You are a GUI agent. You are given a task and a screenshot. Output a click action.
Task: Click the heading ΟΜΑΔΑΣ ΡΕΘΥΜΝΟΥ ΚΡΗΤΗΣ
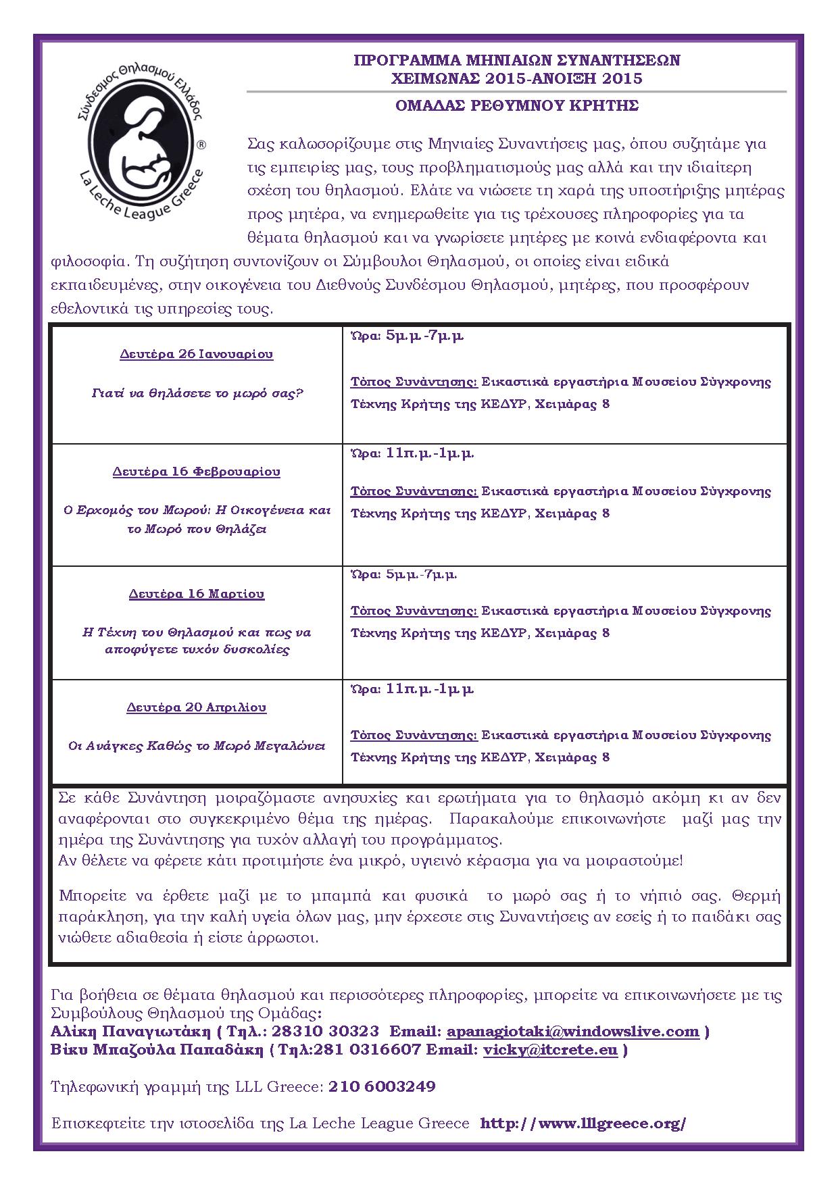pos(517,105)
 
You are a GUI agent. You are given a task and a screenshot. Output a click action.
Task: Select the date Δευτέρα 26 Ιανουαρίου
pos(197,354)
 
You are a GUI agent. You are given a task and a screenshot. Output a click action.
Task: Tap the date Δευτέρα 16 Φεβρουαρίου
pos(197,472)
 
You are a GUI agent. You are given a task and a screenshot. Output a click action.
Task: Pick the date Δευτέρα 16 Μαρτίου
pos(197,594)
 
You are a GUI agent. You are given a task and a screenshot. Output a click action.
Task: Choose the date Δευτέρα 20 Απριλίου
pos(197,707)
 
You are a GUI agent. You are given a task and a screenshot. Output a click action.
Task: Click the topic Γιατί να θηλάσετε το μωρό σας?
pos(197,393)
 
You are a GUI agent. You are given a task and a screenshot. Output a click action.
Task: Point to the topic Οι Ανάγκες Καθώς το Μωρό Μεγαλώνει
pos(197,747)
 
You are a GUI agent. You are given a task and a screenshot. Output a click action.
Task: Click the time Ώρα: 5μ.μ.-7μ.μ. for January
pos(407,336)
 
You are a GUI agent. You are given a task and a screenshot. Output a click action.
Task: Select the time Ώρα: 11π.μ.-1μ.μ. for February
pos(412,453)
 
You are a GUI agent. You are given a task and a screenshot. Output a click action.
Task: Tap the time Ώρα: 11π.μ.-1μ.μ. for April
pos(412,689)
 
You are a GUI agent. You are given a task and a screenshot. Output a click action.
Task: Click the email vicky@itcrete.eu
pos(550,1050)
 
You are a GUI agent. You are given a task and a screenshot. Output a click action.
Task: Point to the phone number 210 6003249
pos(382,1086)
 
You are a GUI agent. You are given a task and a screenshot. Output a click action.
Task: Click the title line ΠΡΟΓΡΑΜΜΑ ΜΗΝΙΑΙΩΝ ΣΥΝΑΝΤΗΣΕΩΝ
pos(517,60)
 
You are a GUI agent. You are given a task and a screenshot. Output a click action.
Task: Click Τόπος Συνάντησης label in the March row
pos(414,611)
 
